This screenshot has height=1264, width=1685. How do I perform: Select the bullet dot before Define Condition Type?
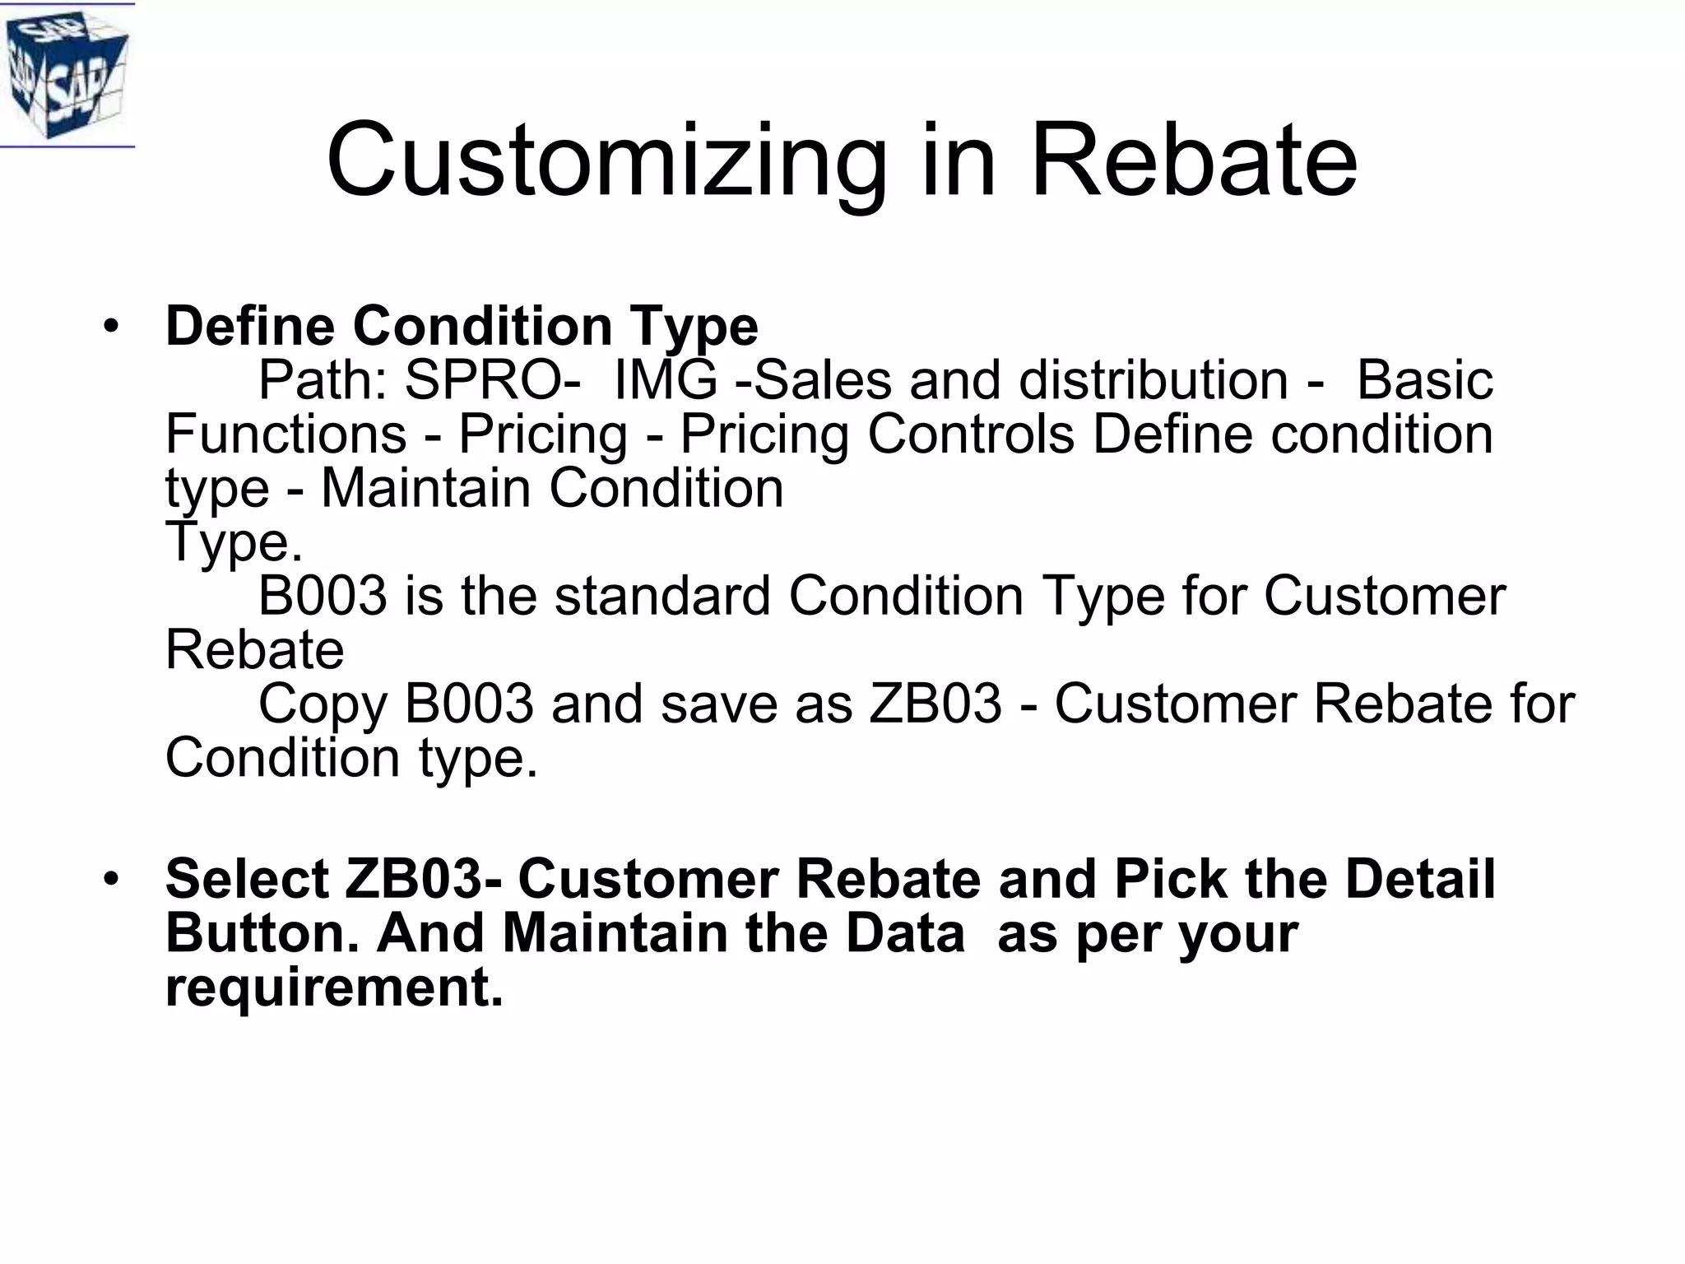[111, 328]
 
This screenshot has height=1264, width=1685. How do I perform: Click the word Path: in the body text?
[323, 380]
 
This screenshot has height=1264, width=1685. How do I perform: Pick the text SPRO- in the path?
[493, 380]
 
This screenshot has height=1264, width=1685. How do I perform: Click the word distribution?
[1153, 380]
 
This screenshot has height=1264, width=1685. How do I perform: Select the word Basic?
[1424, 380]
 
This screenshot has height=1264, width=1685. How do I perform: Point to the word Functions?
[285, 434]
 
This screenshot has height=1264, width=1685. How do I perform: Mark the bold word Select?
[247, 879]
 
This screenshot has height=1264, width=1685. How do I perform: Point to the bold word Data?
[905, 933]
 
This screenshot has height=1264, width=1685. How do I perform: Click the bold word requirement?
[333, 987]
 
